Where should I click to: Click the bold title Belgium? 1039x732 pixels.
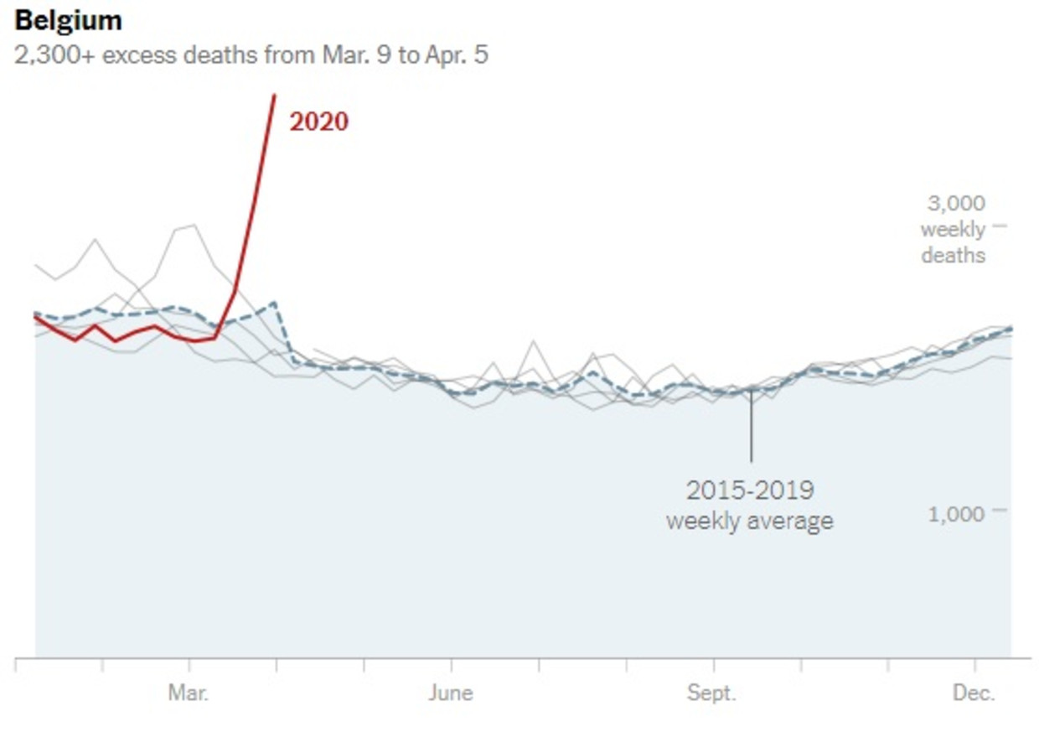69,20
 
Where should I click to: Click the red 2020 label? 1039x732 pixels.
318,122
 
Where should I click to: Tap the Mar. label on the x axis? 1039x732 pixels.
189,693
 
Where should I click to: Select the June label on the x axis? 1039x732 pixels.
451,693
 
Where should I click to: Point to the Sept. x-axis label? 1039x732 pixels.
712,693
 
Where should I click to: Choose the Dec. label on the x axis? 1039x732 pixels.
974,693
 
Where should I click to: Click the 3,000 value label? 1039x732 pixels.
956,204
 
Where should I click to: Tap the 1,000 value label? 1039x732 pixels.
956,512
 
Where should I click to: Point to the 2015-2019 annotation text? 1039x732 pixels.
750,490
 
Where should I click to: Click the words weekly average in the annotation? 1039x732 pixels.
750,521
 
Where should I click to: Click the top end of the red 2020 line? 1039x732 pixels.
274,96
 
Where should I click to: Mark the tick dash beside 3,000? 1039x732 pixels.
999,225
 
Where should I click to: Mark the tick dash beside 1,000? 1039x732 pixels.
999,510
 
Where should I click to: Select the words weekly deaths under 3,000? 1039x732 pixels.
953,241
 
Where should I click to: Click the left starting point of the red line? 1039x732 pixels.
35,317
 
